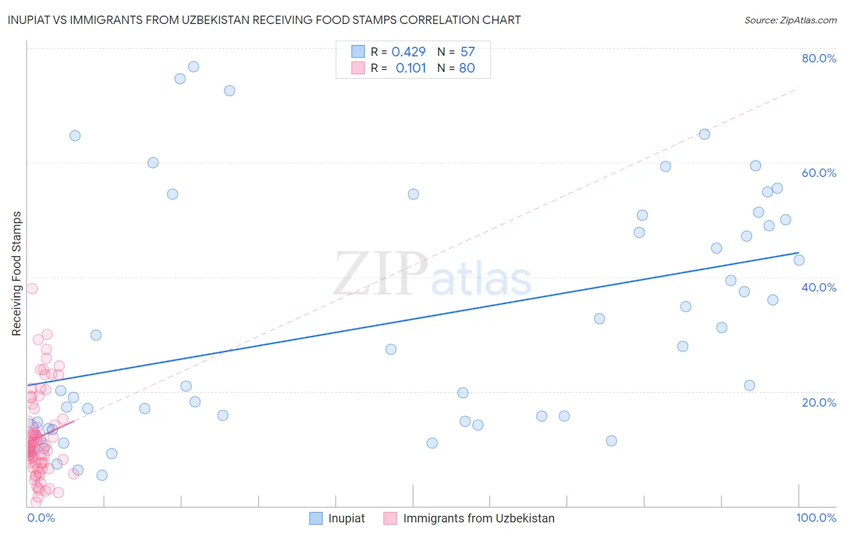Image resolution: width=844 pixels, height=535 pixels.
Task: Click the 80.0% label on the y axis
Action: click(x=819, y=58)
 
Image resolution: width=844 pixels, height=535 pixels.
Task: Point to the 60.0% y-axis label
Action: click(x=819, y=173)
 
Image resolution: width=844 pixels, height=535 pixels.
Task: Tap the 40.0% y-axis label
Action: click(x=819, y=287)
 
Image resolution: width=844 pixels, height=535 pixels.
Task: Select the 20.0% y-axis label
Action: click(x=819, y=402)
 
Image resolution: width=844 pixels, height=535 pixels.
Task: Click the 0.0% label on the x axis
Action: click(x=41, y=518)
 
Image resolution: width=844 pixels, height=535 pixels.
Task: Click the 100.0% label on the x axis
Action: click(x=816, y=518)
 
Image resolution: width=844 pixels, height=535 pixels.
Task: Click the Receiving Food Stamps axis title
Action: click(x=17, y=273)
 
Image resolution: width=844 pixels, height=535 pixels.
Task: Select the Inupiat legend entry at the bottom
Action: click(x=346, y=518)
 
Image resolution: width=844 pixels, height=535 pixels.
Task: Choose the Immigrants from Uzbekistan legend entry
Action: click(x=478, y=518)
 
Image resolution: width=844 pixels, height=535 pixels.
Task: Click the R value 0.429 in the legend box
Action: click(x=408, y=52)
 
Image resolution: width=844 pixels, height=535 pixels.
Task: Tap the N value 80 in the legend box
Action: click(x=467, y=68)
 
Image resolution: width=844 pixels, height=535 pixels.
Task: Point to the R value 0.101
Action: click(x=411, y=68)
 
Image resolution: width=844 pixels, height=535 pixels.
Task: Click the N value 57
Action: click(x=468, y=52)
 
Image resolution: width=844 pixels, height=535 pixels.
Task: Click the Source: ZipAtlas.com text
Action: click(x=790, y=20)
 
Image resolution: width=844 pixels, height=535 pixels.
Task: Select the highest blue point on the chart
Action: click(x=193, y=67)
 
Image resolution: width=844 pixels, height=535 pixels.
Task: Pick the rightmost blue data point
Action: click(x=799, y=260)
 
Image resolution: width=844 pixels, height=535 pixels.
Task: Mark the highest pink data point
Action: click(x=32, y=288)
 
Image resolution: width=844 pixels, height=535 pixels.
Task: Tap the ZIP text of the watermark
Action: click(x=381, y=274)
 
